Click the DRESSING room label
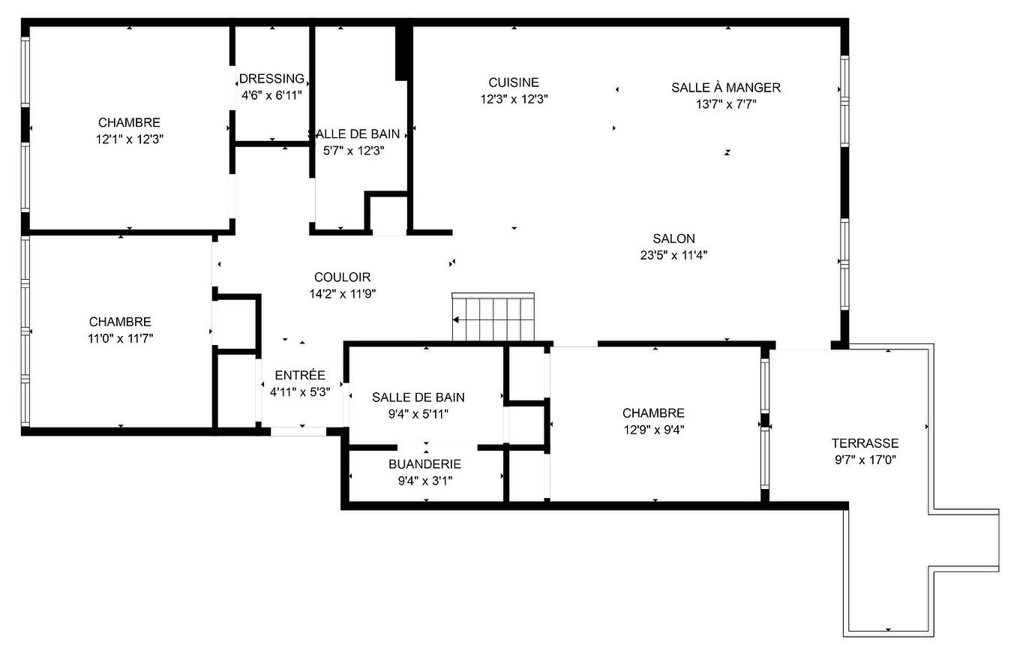coord(271,79)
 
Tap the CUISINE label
coord(514,82)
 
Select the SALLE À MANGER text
coord(725,88)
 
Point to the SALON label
coord(673,238)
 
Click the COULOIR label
coord(342,277)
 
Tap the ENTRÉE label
coord(300,375)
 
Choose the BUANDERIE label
coord(424,464)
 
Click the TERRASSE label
coord(865,443)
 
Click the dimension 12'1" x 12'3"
coord(129,139)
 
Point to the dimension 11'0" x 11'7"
coord(120,338)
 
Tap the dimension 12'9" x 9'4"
coord(652,430)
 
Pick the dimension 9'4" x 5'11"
coord(418,414)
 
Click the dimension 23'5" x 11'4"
coord(673,255)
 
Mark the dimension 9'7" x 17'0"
coord(865,460)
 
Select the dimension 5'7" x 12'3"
coord(353,150)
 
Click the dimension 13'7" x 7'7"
coord(725,104)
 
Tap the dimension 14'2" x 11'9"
coord(342,294)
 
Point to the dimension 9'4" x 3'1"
coord(424,481)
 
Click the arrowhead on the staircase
coord(456,320)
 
